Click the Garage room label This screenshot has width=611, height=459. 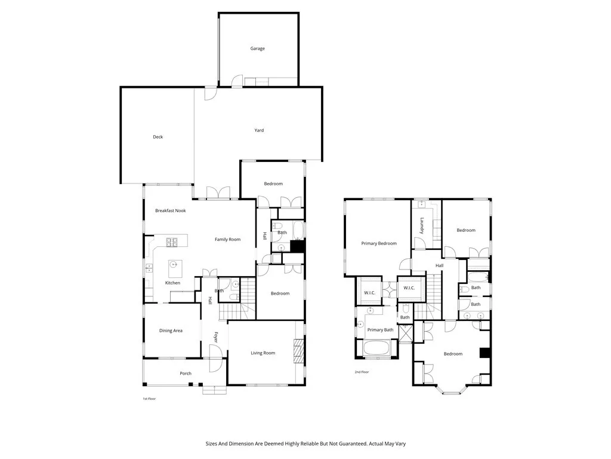(257, 48)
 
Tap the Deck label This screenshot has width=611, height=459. (158, 137)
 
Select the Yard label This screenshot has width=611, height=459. (259, 130)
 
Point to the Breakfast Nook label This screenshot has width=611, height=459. (171, 210)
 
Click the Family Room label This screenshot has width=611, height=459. (227, 239)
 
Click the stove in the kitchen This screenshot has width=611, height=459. (171, 241)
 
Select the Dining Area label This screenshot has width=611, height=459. (171, 331)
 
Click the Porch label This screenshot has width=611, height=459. (186, 374)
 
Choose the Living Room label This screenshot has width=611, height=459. (263, 353)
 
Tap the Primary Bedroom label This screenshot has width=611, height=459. (379, 243)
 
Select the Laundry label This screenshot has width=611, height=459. (422, 225)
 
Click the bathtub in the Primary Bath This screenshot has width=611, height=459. (377, 348)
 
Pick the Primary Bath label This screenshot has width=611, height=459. (380, 330)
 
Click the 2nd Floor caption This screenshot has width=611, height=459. (362, 372)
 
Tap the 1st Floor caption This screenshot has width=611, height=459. (149, 398)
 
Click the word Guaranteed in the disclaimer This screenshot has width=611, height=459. (337, 443)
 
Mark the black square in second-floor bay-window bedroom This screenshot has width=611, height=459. (485, 353)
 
